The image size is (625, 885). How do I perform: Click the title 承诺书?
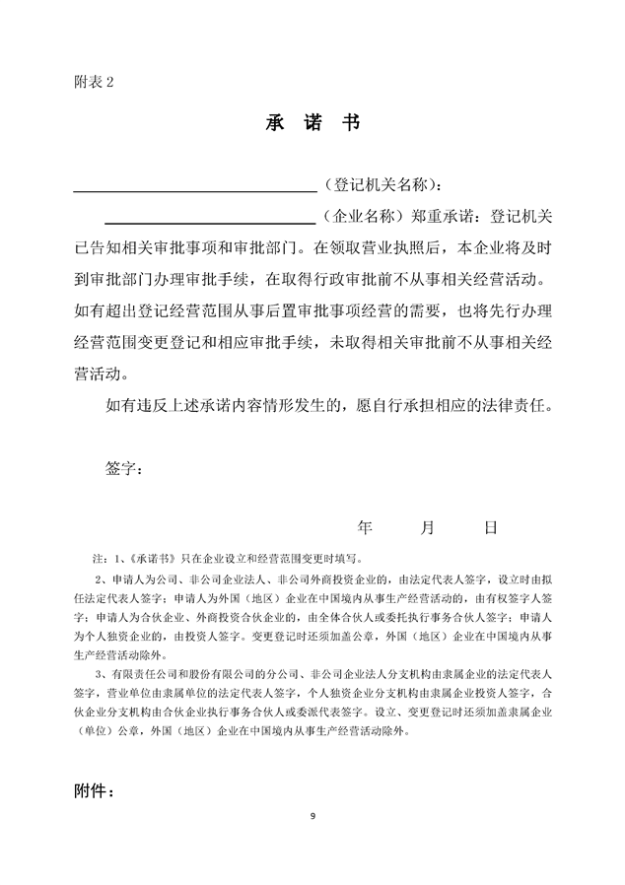(x=312, y=123)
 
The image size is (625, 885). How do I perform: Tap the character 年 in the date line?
(x=365, y=527)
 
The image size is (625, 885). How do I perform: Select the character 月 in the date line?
(x=427, y=527)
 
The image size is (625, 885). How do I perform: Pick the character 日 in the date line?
(x=490, y=527)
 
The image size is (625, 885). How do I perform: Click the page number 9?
(x=312, y=815)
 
